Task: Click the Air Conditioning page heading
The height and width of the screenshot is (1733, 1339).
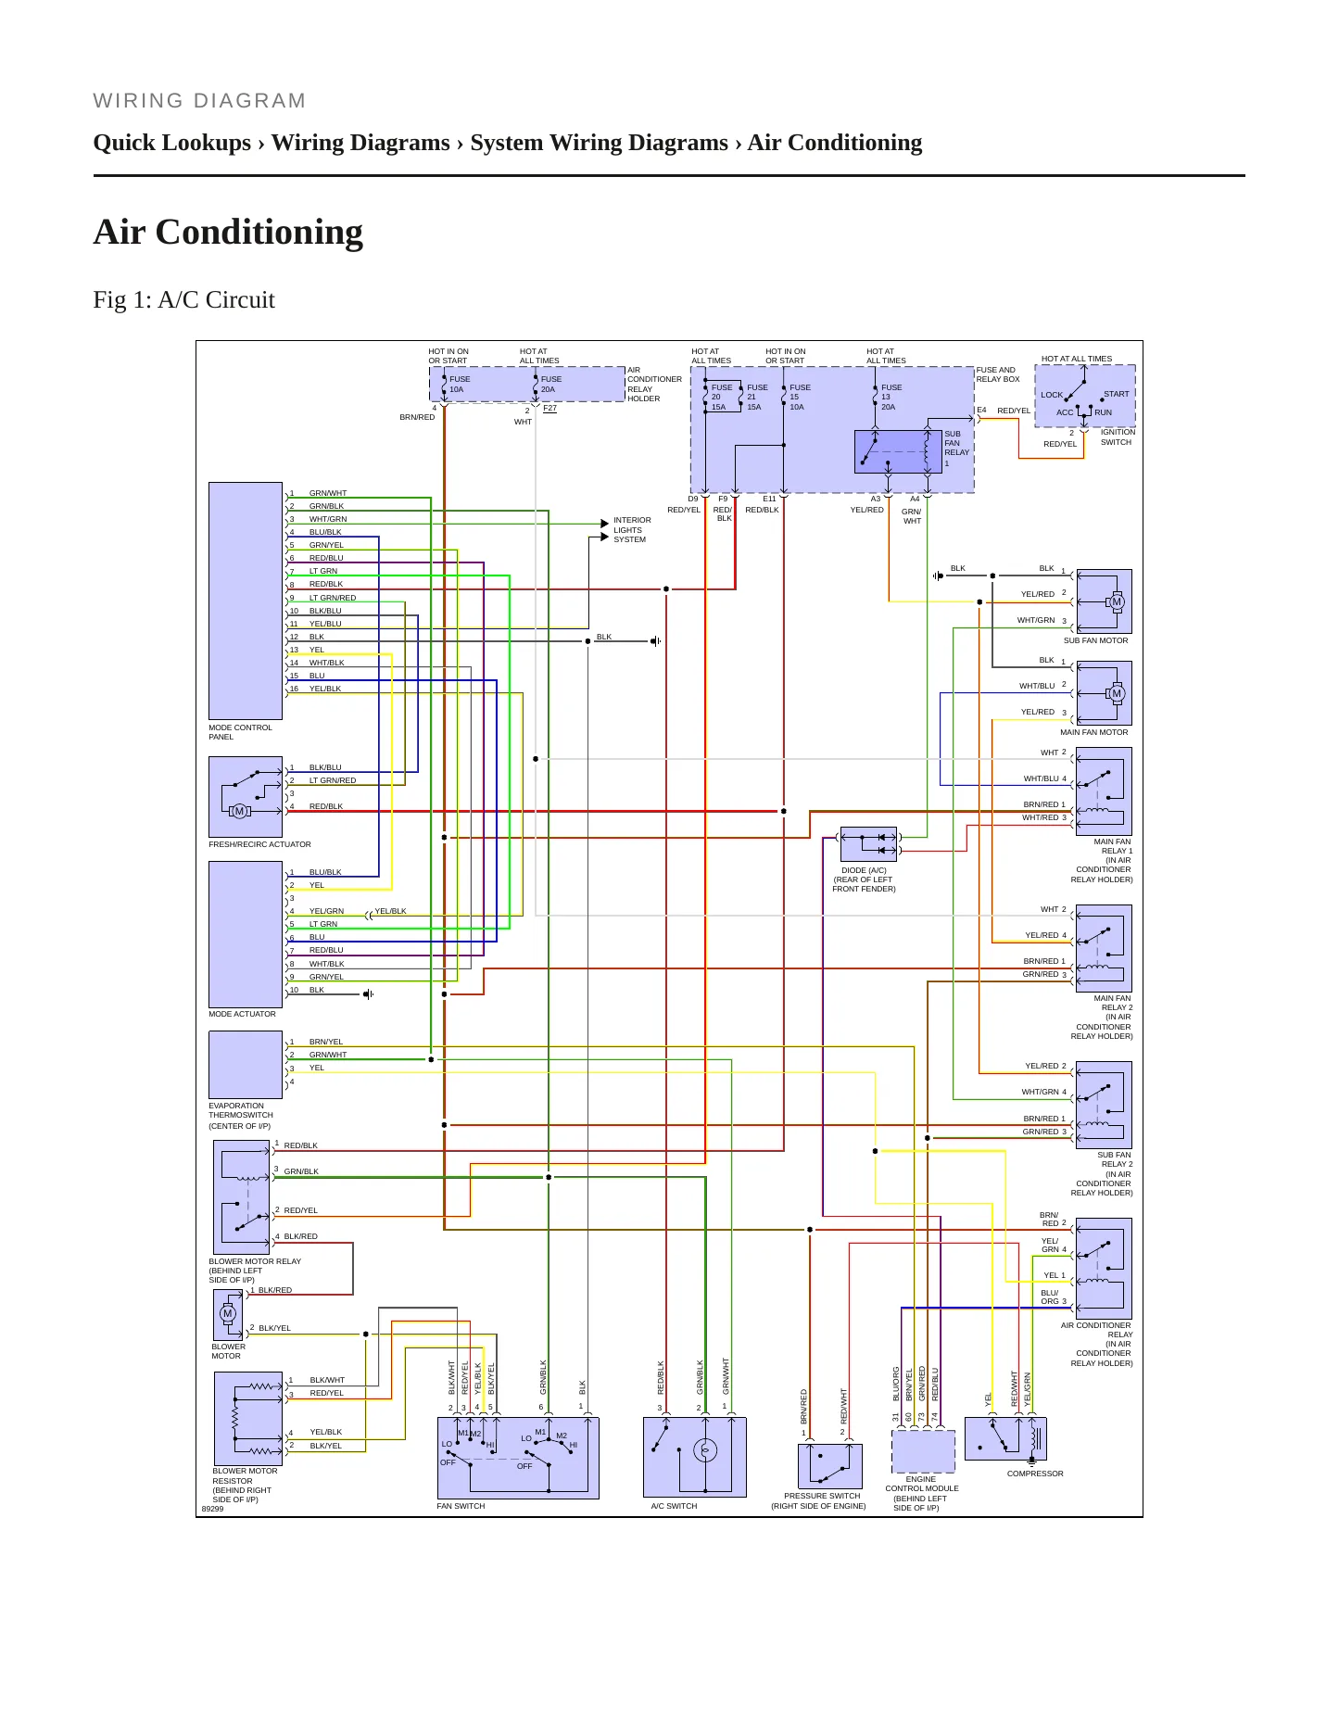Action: coord(228,232)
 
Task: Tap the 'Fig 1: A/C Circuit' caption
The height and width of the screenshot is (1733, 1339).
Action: coord(183,299)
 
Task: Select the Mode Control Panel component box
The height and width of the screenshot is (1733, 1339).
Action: coord(246,601)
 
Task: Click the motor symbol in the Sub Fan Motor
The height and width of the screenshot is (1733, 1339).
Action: coord(1117,601)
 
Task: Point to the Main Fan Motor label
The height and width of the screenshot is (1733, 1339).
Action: coord(1093,732)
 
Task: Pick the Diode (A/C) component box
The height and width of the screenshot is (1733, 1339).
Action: coord(868,844)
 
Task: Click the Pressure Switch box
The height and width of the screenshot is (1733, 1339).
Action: coord(830,1466)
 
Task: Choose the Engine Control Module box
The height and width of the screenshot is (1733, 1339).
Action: coord(923,1451)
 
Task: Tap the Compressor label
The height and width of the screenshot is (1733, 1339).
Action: coord(1035,1474)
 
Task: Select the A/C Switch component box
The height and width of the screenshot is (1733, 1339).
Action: coord(694,1457)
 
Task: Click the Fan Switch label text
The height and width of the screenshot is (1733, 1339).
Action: coord(461,1506)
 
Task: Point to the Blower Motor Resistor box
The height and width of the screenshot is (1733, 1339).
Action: coord(248,1419)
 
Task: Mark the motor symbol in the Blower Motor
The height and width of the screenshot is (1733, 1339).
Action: coord(228,1313)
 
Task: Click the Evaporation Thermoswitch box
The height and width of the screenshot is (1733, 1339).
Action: coord(246,1065)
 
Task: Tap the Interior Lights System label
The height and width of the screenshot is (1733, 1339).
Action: coord(632,530)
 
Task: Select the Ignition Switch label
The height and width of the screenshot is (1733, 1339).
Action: coord(1118,437)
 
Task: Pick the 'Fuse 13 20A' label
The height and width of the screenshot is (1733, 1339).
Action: coord(891,397)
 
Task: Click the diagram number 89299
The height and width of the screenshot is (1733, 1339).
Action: coord(212,1509)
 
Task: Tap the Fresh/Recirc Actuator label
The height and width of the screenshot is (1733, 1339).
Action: coord(259,844)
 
